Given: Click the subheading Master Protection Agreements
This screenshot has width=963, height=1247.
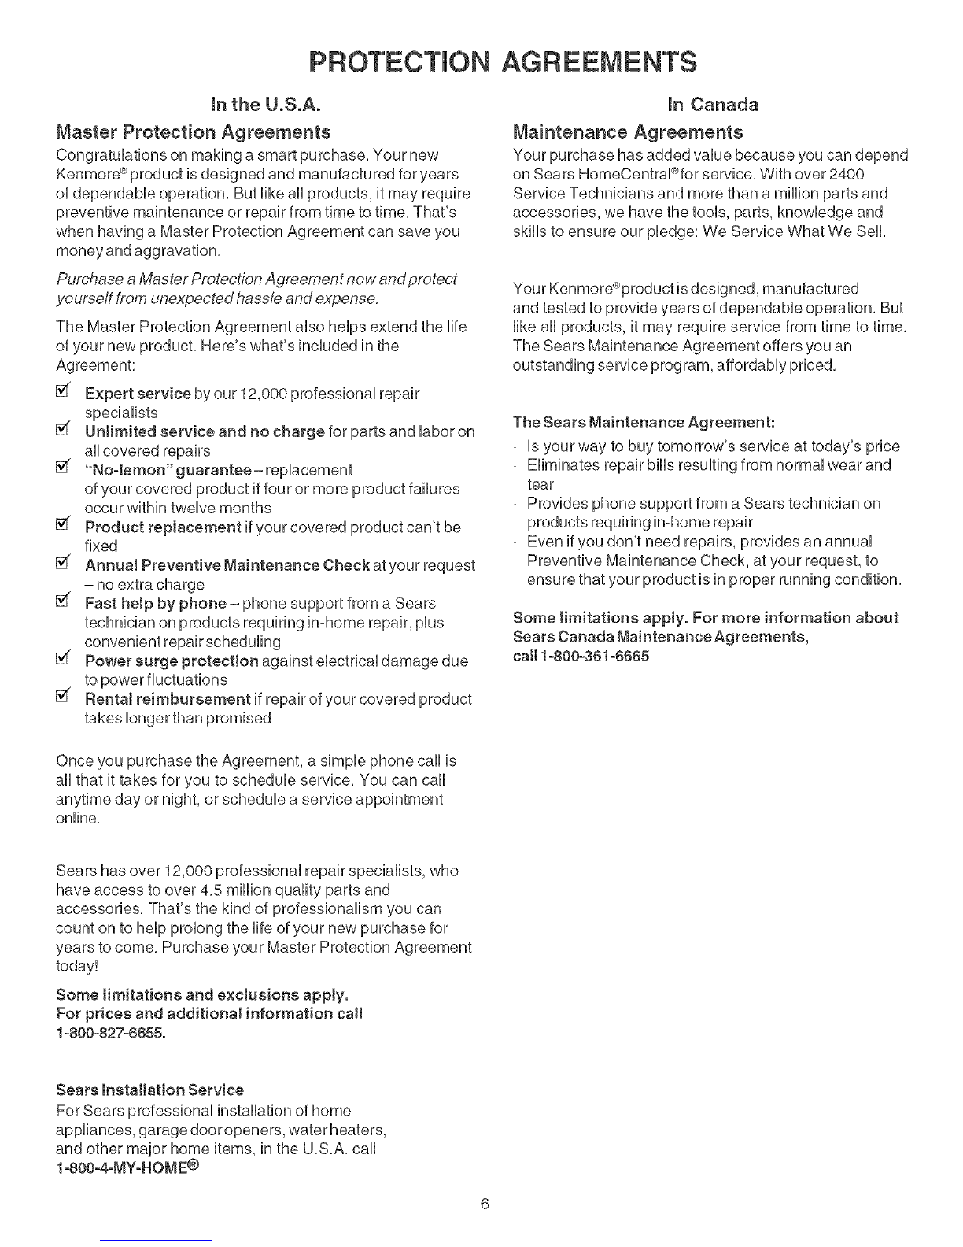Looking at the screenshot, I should (193, 131).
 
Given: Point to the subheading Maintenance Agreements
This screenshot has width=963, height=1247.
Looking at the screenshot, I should (628, 131).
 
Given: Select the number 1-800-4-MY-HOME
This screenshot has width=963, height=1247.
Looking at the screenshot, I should (128, 1167).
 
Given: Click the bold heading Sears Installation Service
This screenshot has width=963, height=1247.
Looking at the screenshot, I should (150, 1090).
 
